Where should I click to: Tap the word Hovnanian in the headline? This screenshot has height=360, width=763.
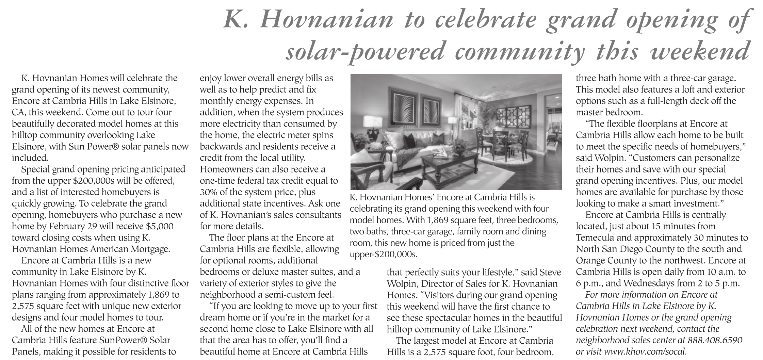click(x=327, y=20)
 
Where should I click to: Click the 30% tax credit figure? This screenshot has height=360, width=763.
click(x=208, y=192)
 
